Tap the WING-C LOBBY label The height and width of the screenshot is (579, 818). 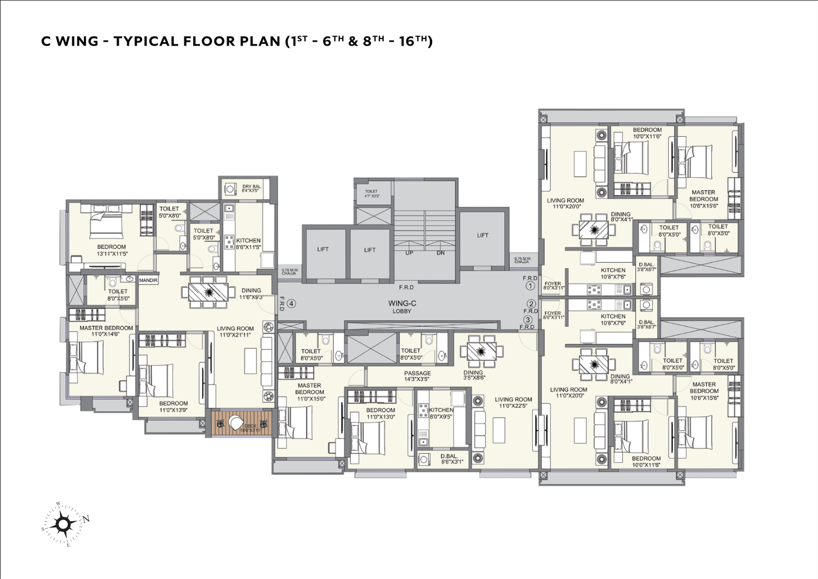(x=402, y=307)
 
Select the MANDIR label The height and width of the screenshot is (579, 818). (x=148, y=281)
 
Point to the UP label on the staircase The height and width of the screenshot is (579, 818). (x=409, y=253)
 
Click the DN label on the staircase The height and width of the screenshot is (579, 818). (x=440, y=253)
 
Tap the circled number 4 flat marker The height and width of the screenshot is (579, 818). (x=292, y=304)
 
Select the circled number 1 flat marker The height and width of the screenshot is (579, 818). (x=530, y=286)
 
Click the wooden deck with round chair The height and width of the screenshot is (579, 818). (x=241, y=423)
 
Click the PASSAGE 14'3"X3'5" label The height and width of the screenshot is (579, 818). (x=417, y=376)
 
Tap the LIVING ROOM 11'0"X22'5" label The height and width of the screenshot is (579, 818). (x=513, y=402)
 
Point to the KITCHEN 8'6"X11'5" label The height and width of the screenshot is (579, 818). (x=248, y=243)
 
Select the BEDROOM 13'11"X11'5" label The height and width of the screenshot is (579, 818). (x=112, y=250)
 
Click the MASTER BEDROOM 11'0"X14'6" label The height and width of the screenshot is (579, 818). (x=106, y=331)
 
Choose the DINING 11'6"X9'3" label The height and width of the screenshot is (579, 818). (x=251, y=293)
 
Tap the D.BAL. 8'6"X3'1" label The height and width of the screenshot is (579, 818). (x=449, y=459)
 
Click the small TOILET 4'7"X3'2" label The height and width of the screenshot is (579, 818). (x=372, y=193)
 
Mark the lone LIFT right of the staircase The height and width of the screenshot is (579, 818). (x=483, y=235)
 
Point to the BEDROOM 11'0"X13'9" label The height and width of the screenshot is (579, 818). (x=173, y=407)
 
